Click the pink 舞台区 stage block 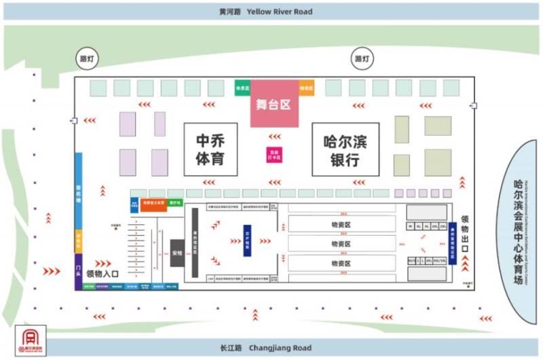[274, 104]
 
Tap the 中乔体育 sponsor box [210, 149]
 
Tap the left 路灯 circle [87, 59]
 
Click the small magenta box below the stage [273, 155]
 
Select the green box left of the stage [242, 88]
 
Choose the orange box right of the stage [307, 88]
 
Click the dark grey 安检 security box [177, 253]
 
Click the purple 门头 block [79, 272]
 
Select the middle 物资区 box [341, 243]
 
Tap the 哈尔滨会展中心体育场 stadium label [519, 231]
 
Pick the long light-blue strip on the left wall [79, 192]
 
